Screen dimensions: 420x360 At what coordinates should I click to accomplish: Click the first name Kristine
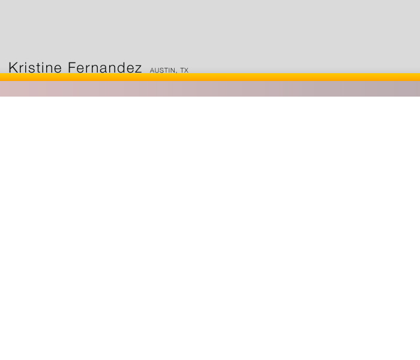(x=35, y=67)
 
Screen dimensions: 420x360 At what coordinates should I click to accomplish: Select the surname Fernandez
(x=105, y=67)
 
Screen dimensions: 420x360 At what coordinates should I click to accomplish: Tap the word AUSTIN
(x=163, y=70)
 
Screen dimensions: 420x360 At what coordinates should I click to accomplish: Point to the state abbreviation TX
(x=184, y=70)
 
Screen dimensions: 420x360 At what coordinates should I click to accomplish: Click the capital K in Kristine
(x=13, y=67)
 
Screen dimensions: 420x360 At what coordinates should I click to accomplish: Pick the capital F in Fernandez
(x=72, y=67)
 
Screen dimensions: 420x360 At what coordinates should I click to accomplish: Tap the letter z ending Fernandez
(x=138, y=69)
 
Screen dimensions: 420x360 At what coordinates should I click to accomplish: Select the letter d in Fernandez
(x=118, y=67)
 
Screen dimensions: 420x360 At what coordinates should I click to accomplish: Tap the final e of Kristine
(x=58, y=69)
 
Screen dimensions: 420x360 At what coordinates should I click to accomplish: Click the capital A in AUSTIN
(x=152, y=70)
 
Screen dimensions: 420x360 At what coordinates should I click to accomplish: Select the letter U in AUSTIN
(x=157, y=70)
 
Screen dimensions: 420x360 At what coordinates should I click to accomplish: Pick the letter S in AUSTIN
(x=163, y=70)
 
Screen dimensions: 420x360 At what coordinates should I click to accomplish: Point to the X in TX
(x=186, y=70)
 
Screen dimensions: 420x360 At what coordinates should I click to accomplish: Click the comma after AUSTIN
(x=176, y=73)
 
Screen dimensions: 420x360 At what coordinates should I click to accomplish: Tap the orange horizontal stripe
(x=210, y=77)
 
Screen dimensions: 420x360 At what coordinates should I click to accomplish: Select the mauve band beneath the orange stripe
(x=210, y=89)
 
